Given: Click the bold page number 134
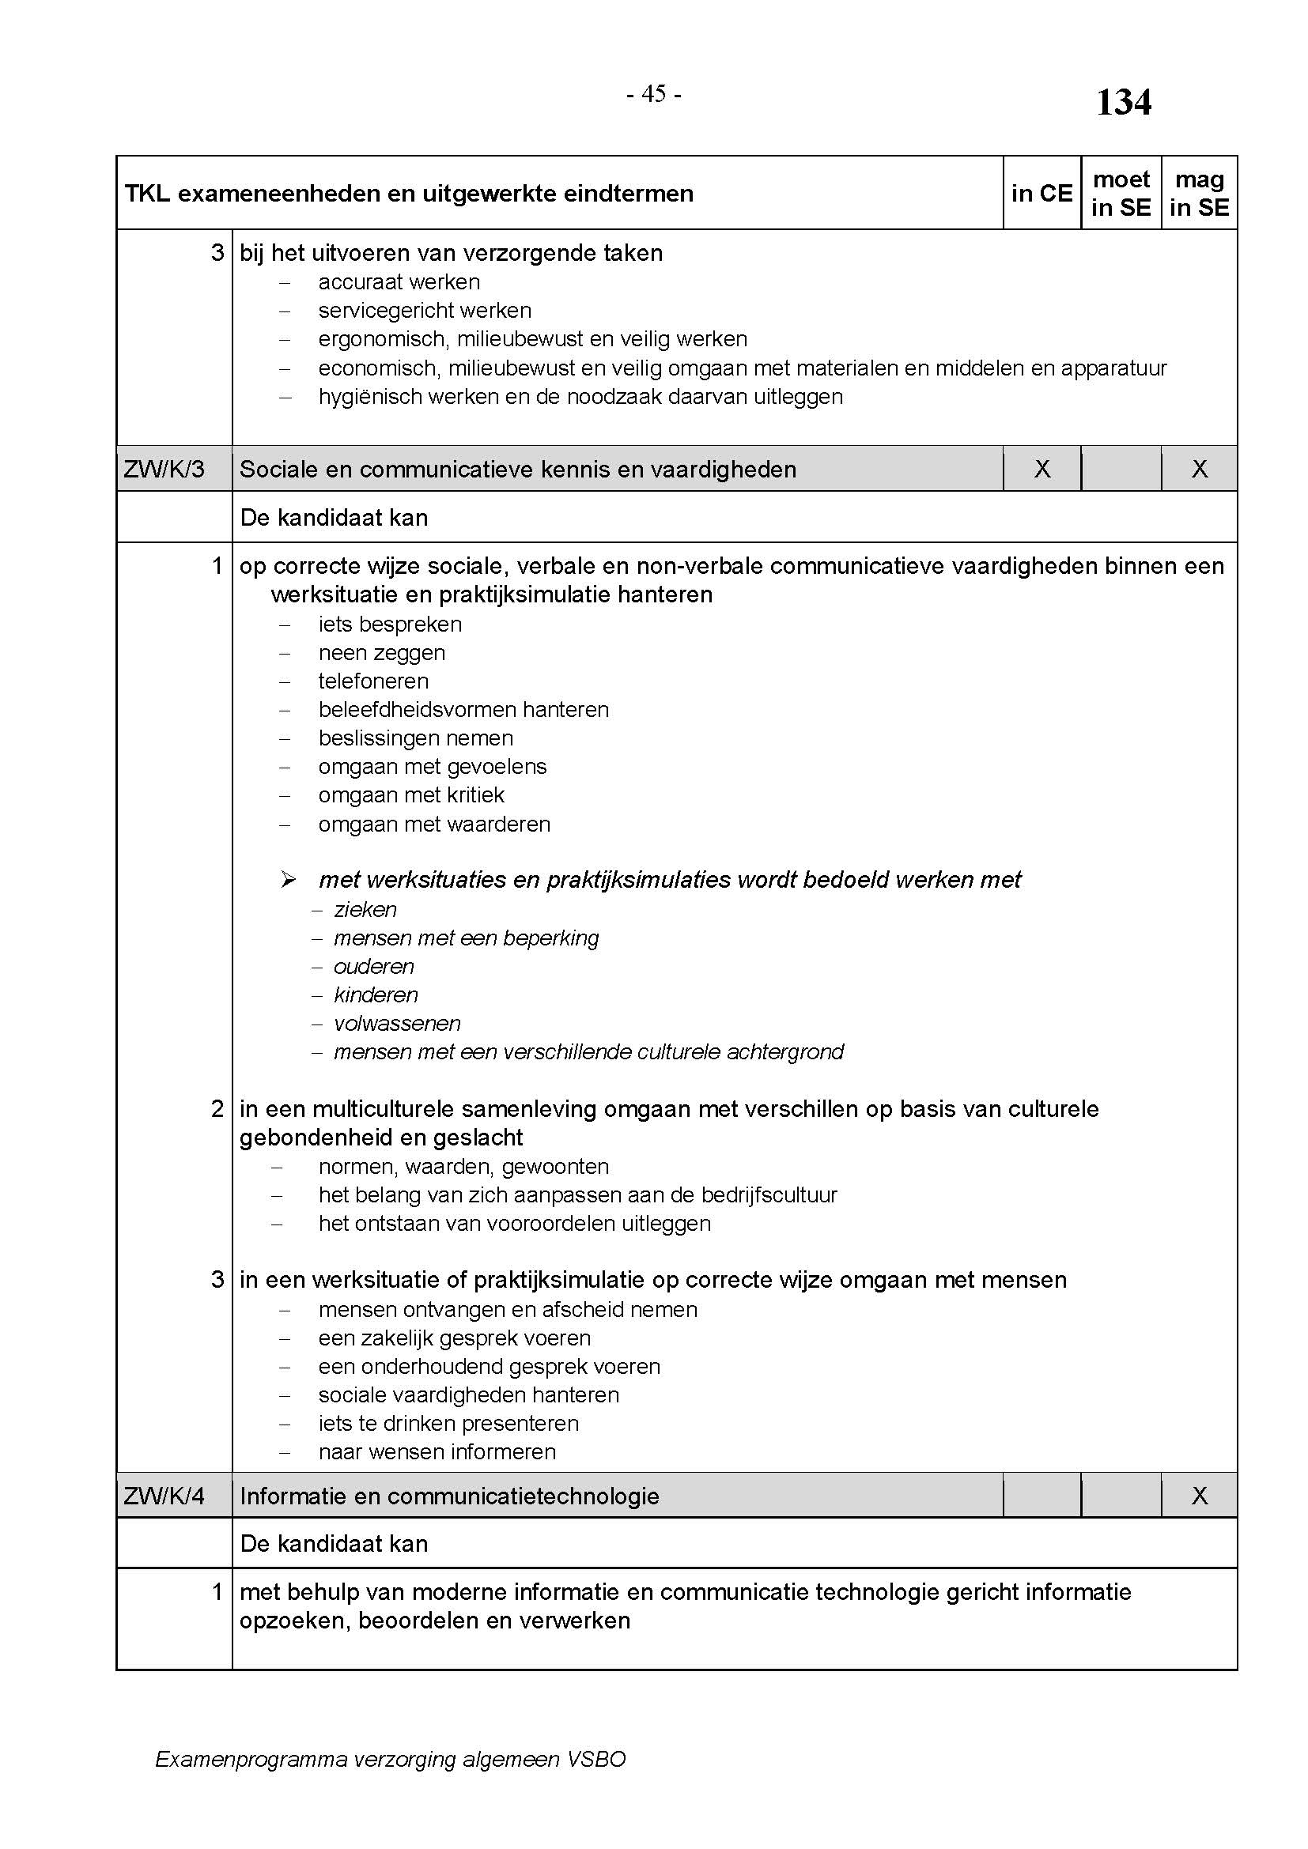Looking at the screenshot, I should click(x=1124, y=103).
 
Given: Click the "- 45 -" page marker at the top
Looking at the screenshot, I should click(x=654, y=95).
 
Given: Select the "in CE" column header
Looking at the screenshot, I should click(x=1041, y=193).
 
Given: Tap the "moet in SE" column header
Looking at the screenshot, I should click(x=1121, y=193).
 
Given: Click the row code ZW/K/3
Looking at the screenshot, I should click(x=164, y=470).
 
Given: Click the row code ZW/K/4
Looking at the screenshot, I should click(x=164, y=1496).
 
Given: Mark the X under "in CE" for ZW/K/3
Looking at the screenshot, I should click(x=1041, y=470).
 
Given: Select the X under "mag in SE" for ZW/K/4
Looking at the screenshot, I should click(x=1200, y=1496).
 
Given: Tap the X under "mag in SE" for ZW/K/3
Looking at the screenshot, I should click(x=1200, y=470).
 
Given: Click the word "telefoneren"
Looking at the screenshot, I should click(x=373, y=681).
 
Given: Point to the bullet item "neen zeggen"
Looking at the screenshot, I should click(x=382, y=653).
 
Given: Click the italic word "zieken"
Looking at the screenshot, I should click(x=365, y=910).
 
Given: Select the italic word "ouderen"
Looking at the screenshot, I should click(x=374, y=966).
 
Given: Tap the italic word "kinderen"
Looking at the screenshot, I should click(x=376, y=995).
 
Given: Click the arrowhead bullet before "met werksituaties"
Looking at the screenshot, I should click(x=289, y=880).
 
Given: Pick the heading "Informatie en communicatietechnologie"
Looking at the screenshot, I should click(x=449, y=1496).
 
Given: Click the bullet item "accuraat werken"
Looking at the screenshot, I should click(x=399, y=282).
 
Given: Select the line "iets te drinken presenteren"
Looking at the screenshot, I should click(x=448, y=1423).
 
